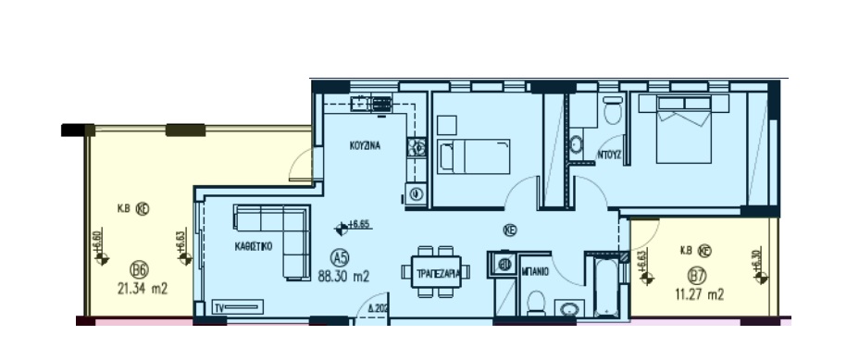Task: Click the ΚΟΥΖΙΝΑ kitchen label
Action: coord(366,146)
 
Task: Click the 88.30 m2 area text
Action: coord(343,275)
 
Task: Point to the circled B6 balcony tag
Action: coord(139,270)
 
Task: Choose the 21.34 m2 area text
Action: coord(143,288)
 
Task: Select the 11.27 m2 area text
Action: coord(699,294)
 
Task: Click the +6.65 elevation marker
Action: coord(353,225)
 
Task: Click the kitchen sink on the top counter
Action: coord(380,104)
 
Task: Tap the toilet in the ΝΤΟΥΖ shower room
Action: coord(612,113)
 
